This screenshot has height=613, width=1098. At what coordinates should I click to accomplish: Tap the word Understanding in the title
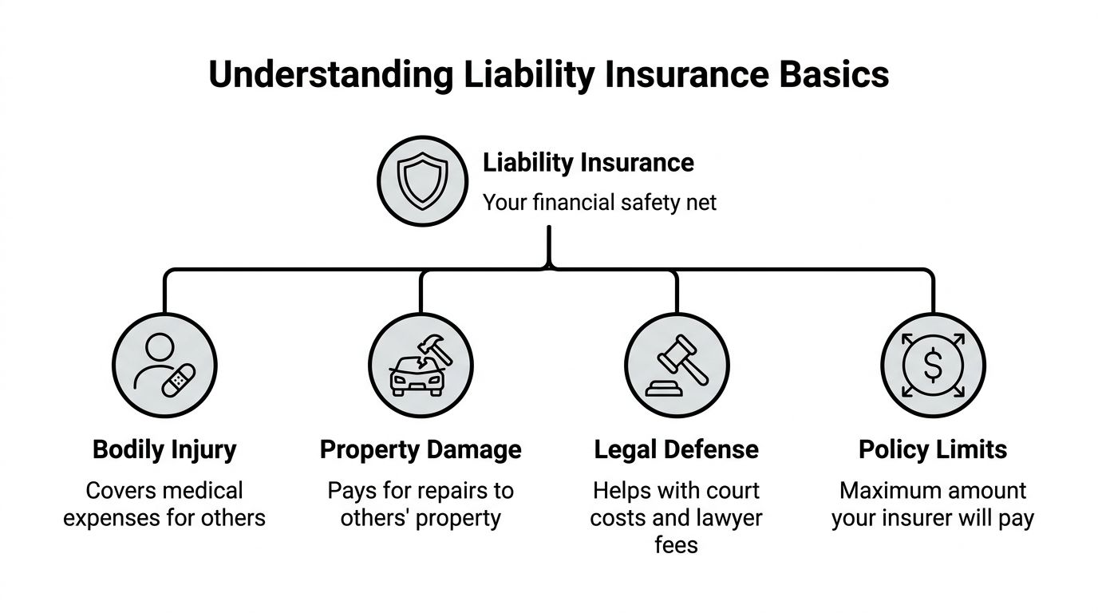330,75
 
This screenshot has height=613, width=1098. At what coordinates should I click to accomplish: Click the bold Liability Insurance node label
588,163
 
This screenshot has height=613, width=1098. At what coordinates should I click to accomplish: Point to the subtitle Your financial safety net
599,203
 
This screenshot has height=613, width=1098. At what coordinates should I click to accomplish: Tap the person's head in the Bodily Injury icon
160,348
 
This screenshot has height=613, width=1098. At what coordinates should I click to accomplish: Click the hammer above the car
434,349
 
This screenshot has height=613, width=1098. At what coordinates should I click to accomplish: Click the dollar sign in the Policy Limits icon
932,366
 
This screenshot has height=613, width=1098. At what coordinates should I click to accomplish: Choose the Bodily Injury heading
164,449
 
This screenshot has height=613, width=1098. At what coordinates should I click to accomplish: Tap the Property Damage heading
421,449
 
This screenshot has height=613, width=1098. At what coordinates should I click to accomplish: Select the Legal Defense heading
676,449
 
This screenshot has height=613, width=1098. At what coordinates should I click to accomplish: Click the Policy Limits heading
932,449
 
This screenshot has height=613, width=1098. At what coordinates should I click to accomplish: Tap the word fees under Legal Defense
676,545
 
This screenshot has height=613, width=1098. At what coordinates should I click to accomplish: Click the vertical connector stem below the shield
549,243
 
